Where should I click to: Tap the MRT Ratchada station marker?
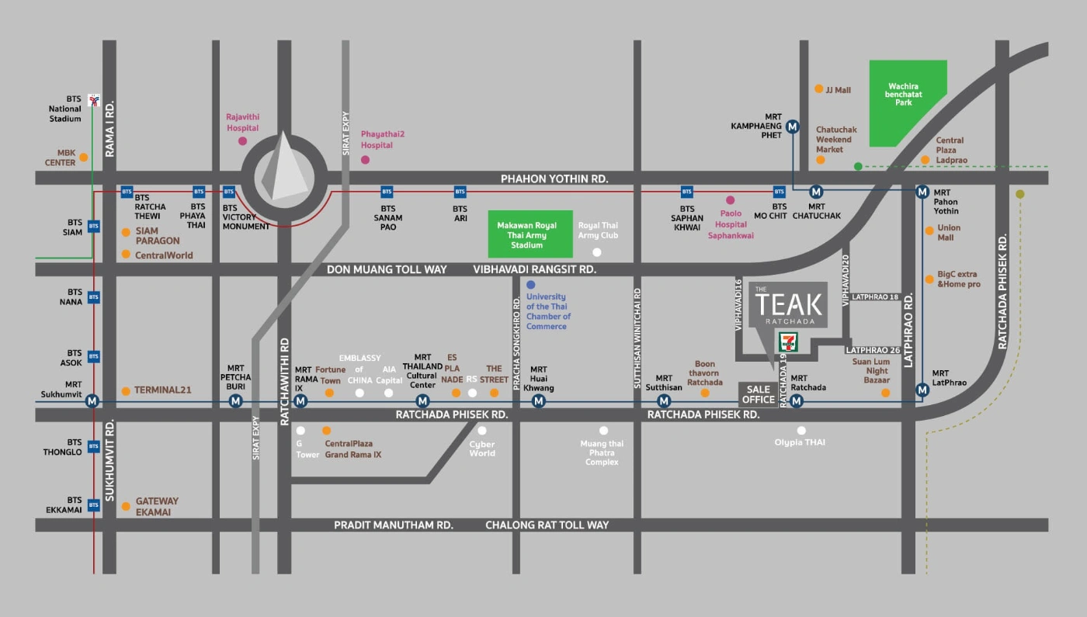tap(796, 401)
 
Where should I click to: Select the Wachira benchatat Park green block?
tap(906, 102)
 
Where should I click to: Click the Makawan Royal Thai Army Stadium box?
tap(530, 234)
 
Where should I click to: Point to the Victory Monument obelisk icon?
tap(283, 167)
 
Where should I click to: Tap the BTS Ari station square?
tap(460, 191)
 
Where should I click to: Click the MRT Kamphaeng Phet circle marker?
tap(793, 127)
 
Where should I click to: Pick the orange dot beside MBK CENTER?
tap(84, 157)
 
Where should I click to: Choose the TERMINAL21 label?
tap(162, 390)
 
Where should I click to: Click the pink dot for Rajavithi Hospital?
tap(243, 141)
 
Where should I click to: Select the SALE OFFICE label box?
tap(758, 394)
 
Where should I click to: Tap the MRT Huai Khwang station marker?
tap(538, 401)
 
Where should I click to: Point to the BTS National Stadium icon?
tap(94, 99)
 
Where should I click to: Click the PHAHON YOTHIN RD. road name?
tap(554, 179)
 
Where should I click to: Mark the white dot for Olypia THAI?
tap(801, 430)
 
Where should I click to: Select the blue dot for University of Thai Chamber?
tap(530, 285)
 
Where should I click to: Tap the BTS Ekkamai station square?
tap(93, 505)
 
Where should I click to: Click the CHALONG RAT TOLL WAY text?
tap(547, 525)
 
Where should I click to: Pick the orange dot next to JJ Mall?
tap(818, 89)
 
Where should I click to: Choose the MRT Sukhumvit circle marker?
tap(92, 401)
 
